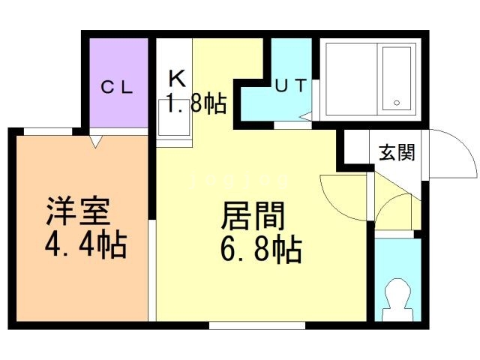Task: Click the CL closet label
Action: [117, 87]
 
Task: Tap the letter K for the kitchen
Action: [177, 79]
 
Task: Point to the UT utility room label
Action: [291, 85]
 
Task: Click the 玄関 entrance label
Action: [397, 152]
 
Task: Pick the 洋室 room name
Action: [78, 211]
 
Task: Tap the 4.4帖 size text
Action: [86, 245]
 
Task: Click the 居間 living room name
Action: [253, 216]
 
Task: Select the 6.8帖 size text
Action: [261, 250]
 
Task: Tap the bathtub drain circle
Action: [397, 103]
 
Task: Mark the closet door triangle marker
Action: [95, 142]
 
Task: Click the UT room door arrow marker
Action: [306, 116]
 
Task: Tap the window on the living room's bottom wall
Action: [257, 325]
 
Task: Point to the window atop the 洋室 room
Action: [48, 131]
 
